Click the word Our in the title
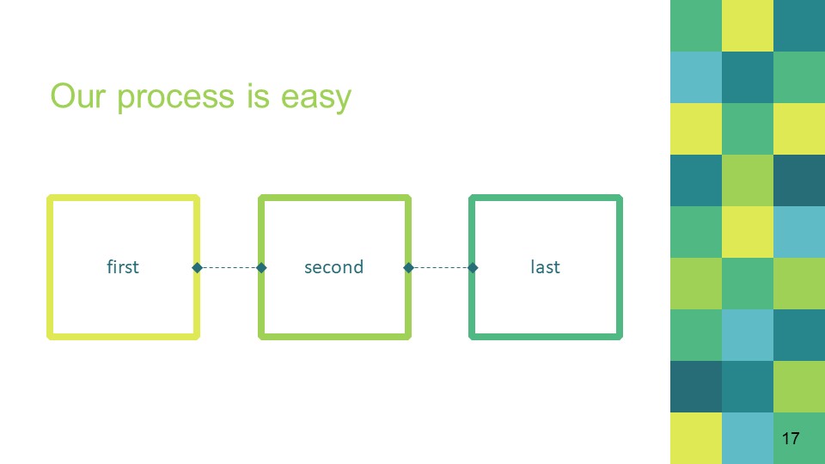78,95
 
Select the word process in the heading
175,99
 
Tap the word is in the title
258,95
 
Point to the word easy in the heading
315,99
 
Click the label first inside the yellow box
123,266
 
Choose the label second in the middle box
333,267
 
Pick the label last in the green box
545,266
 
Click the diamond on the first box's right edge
198,268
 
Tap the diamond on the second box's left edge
261,268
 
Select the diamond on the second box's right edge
408,268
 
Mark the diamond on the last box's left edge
473,268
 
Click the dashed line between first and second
229,268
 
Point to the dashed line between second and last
440,268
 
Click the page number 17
791,438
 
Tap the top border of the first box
123,198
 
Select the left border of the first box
50,267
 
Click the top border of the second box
334,198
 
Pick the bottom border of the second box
334,337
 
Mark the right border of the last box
620,267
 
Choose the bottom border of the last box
546,337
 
